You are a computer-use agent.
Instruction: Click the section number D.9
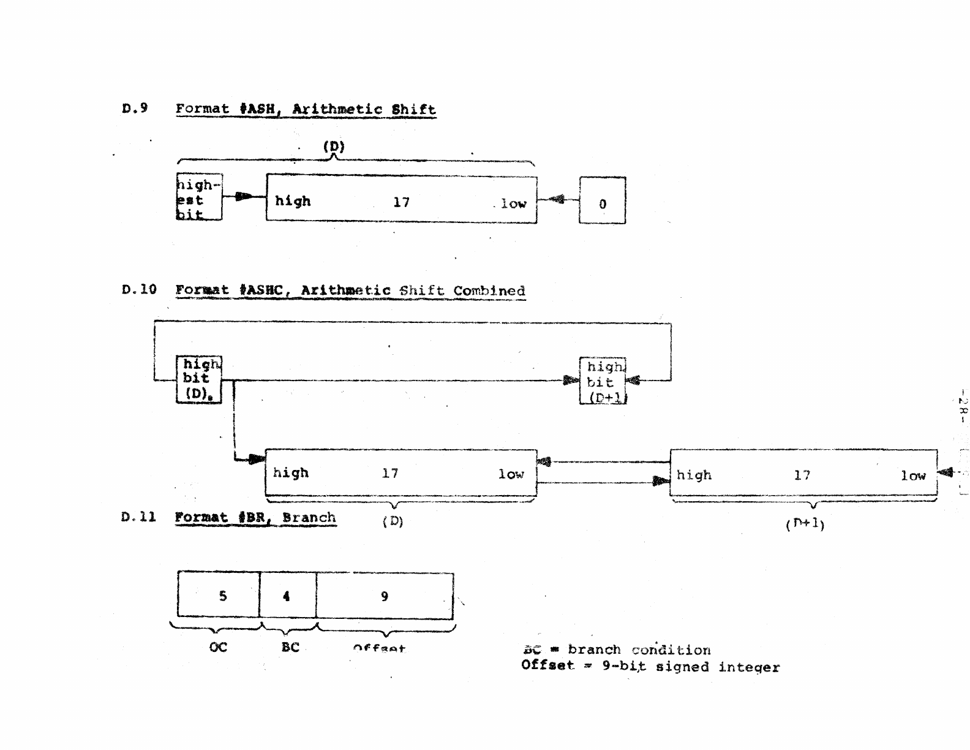point(135,108)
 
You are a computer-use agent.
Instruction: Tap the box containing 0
point(602,200)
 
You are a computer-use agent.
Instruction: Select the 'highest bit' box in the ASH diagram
point(199,197)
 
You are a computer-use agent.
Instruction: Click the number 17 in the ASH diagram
point(401,202)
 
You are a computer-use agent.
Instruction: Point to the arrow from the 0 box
point(558,199)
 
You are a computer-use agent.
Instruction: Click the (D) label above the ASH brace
point(334,146)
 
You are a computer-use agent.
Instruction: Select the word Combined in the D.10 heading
point(489,290)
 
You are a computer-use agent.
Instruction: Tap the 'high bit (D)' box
point(198,379)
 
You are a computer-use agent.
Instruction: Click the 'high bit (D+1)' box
point(603,381)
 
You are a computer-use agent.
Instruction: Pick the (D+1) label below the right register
point(805,524)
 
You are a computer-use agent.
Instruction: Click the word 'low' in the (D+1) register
point(912,475)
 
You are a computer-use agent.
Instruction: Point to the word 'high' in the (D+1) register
point(694,475)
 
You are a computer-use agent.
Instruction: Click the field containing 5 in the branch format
point(219,595)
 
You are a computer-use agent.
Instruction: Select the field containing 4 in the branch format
point(287,595)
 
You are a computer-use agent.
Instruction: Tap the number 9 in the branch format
point(385,596)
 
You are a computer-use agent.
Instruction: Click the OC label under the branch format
point(218,647)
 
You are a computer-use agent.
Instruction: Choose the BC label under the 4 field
point(290,647)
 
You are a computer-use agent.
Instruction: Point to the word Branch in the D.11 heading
point(309,517)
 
